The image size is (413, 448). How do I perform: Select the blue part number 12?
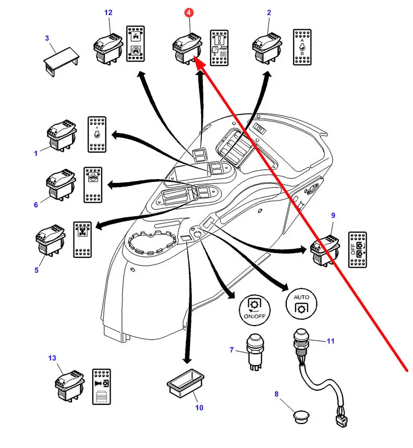108,12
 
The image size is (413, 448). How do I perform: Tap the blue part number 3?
47,38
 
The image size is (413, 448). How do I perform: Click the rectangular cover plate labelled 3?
60,57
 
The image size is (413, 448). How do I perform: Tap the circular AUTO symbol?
301,302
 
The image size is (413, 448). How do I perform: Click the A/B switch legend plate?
302,47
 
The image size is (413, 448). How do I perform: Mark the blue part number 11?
330,341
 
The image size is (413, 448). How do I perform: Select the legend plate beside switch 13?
101,387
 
